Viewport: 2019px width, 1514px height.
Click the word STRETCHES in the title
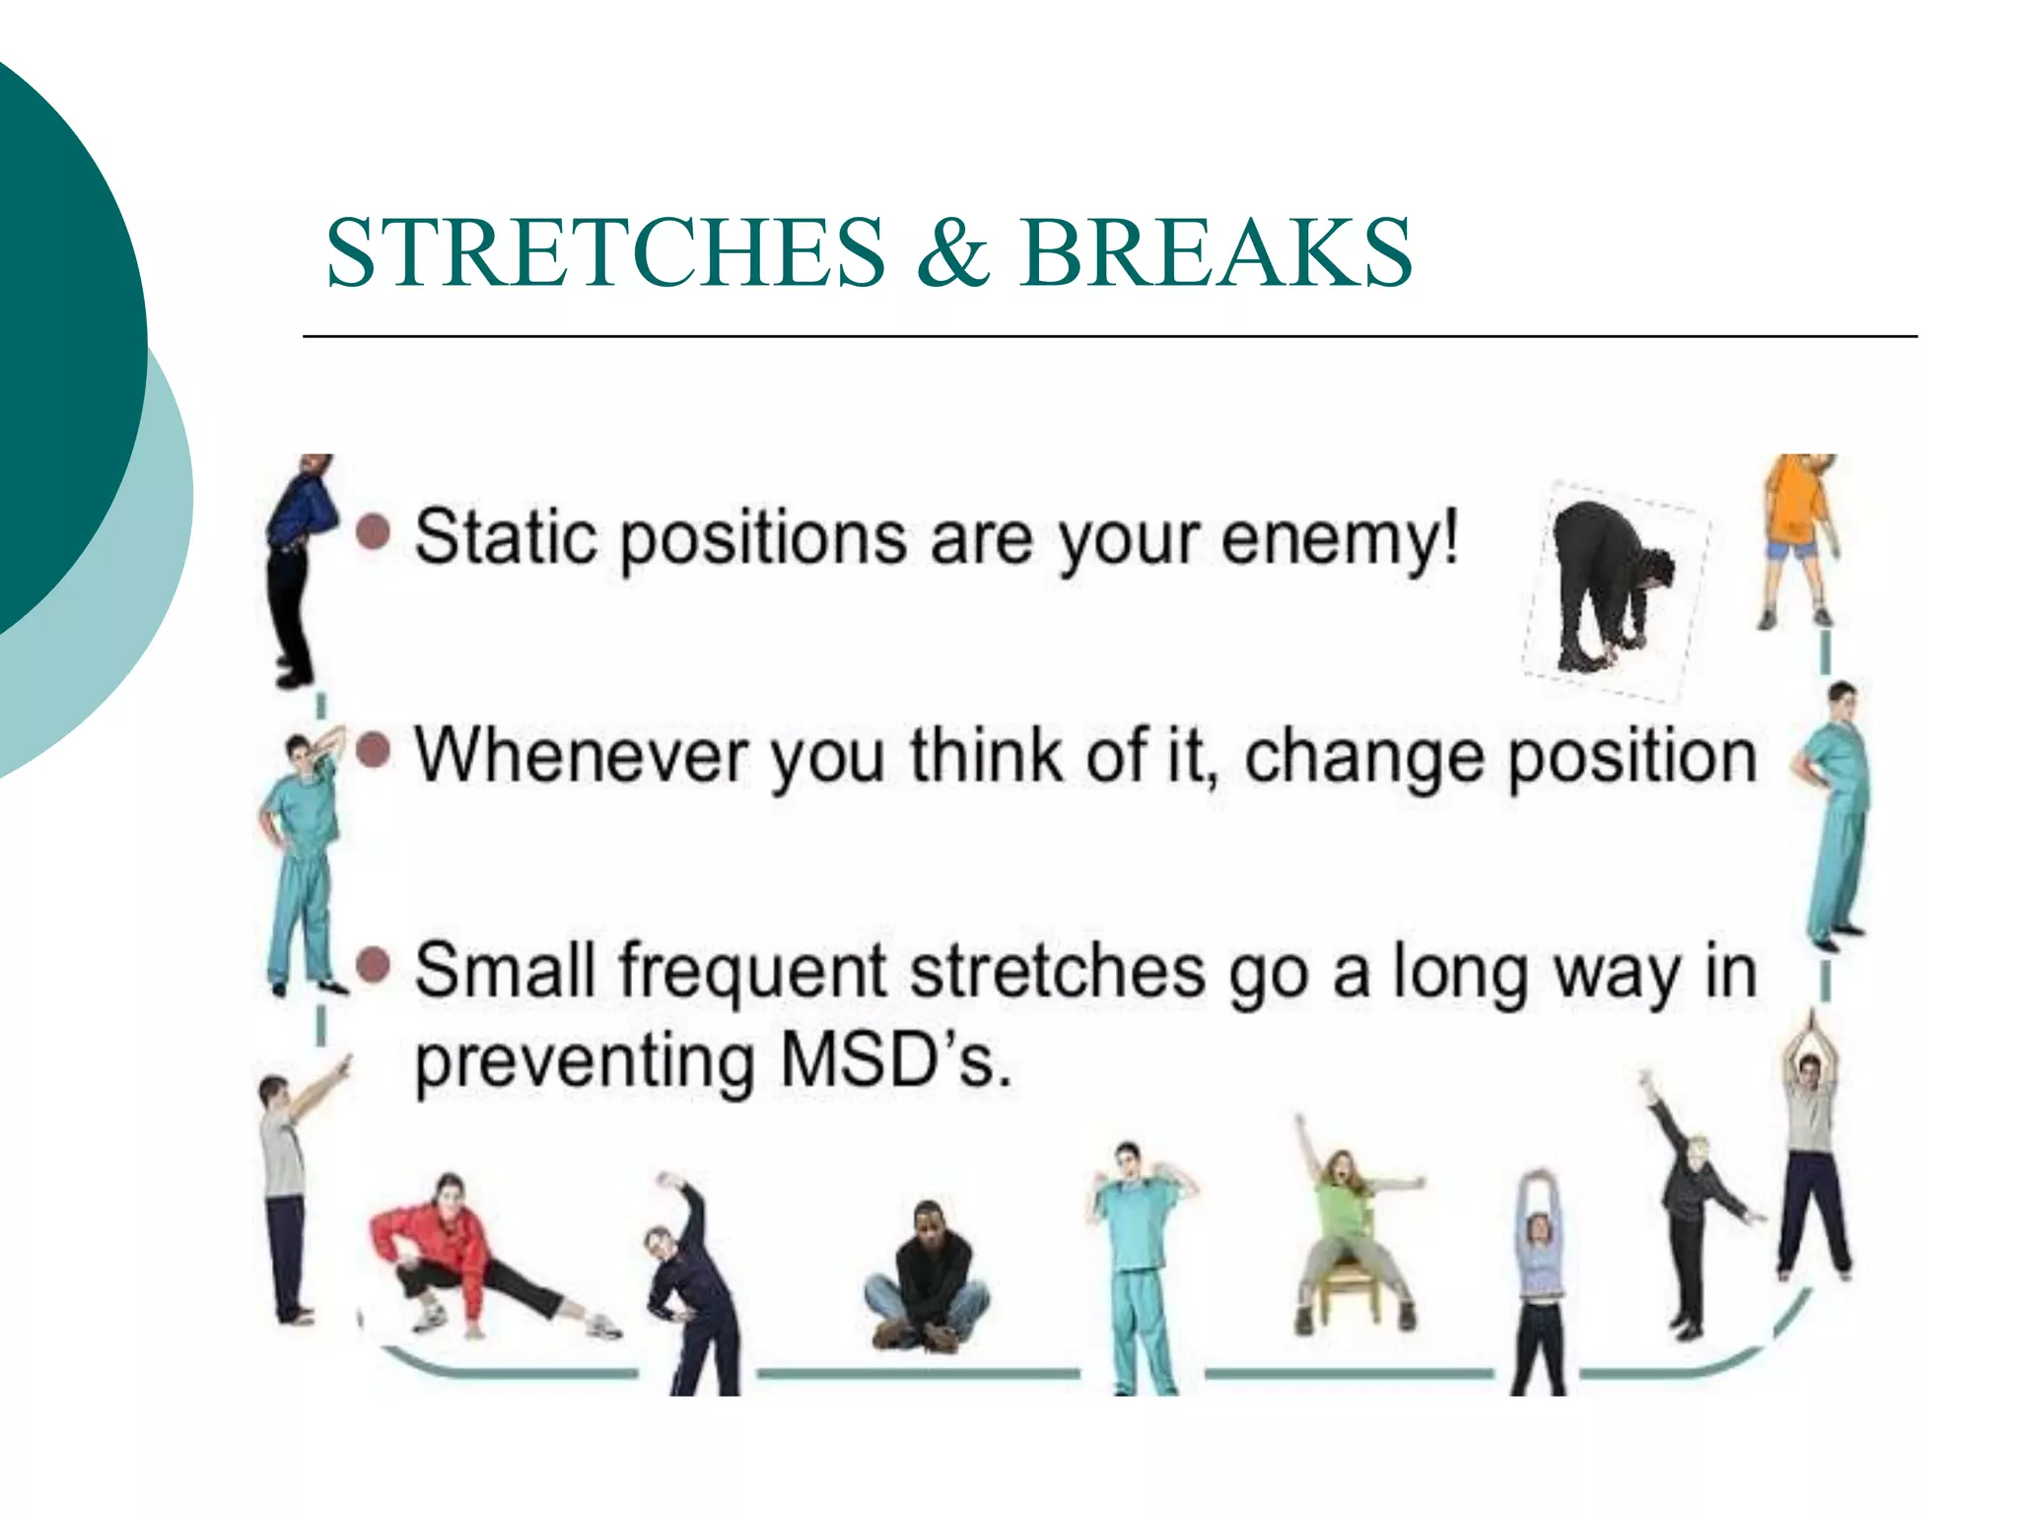point(605,253)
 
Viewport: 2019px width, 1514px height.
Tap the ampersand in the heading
point(951,253)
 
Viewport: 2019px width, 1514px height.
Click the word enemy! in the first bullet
point(1340,540)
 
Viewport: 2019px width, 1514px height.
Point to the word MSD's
point(895,1062)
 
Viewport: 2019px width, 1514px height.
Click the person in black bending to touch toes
point(1607,586)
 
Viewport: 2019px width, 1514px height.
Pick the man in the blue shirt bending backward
point(293,567)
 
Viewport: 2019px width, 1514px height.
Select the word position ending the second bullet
point(1633,757)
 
